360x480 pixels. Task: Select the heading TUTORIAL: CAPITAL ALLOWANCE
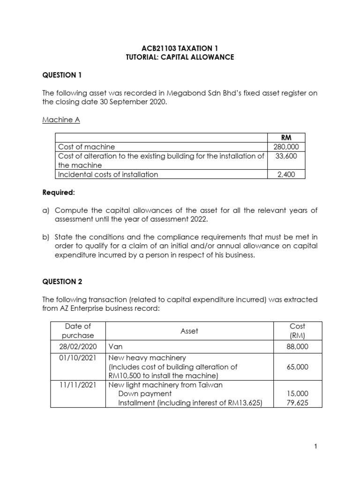tap(180, 57)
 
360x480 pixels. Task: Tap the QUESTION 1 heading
tap(59, 75)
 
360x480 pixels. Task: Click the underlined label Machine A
tap(61, 120)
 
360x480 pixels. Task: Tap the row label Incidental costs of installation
tap(107, 174)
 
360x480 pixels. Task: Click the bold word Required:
tap(58, 193)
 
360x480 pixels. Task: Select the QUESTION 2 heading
tap(59, 281)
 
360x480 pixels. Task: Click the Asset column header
tap(189, 331)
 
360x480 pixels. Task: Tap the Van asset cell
tap(115, 347)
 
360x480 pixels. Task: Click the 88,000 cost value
tap(297, 347)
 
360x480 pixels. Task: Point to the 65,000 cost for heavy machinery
tap(297, 367)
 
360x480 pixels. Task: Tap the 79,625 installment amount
tap(297, 403)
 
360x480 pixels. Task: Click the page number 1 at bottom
tap(316, 447)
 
